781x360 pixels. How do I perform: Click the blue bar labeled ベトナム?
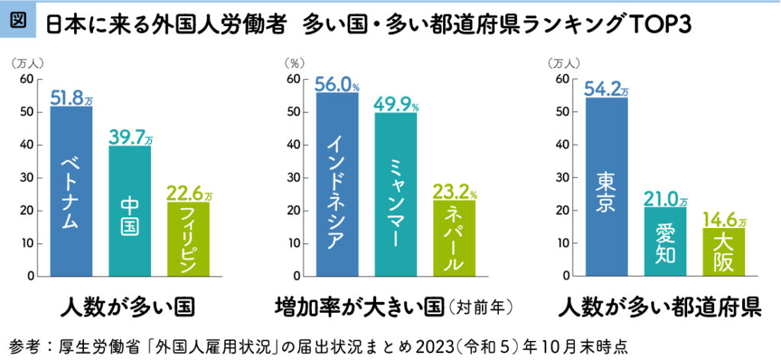point(71,191)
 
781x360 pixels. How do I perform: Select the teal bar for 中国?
point(129,211)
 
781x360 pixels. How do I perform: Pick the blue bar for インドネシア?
point(336,183)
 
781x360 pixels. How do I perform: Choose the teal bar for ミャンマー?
point(395,194)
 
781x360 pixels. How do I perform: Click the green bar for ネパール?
point(453,237)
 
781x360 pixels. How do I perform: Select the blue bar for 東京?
point(606,186)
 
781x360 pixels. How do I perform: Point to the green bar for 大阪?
point(723,252)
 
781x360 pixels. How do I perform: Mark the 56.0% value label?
point(337,83)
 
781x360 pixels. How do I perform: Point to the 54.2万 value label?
point(607,88)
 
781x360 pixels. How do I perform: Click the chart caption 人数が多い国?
point(128,308)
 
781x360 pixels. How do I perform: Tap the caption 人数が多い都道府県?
point(660,308)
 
